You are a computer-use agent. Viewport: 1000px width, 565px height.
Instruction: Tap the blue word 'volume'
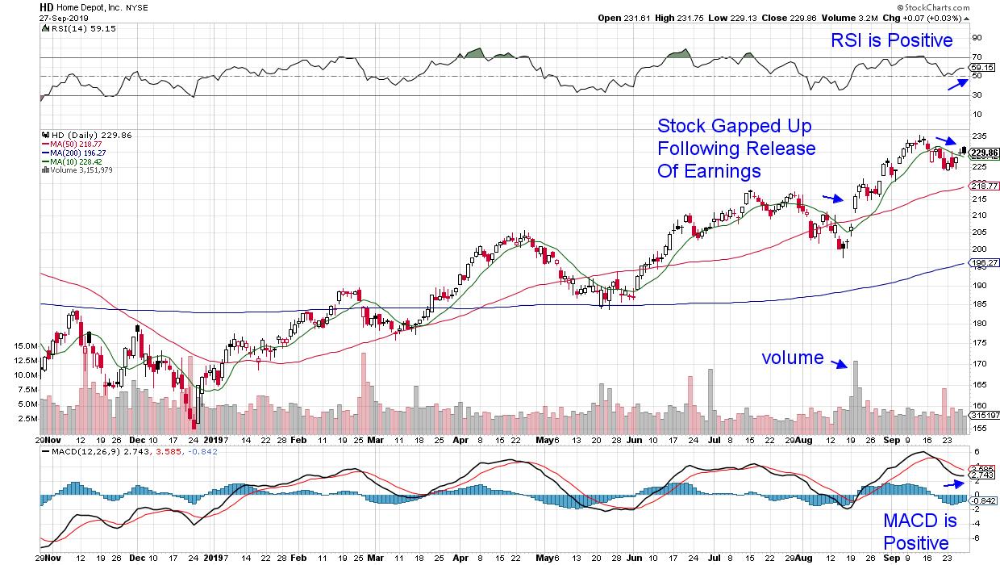tap(792, 358)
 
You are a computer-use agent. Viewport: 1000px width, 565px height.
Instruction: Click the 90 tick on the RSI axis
tap(975, 37)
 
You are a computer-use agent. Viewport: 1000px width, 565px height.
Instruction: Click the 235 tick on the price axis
tap(978, 136)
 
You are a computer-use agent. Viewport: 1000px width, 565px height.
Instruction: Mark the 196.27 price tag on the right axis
tap(985, 262)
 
